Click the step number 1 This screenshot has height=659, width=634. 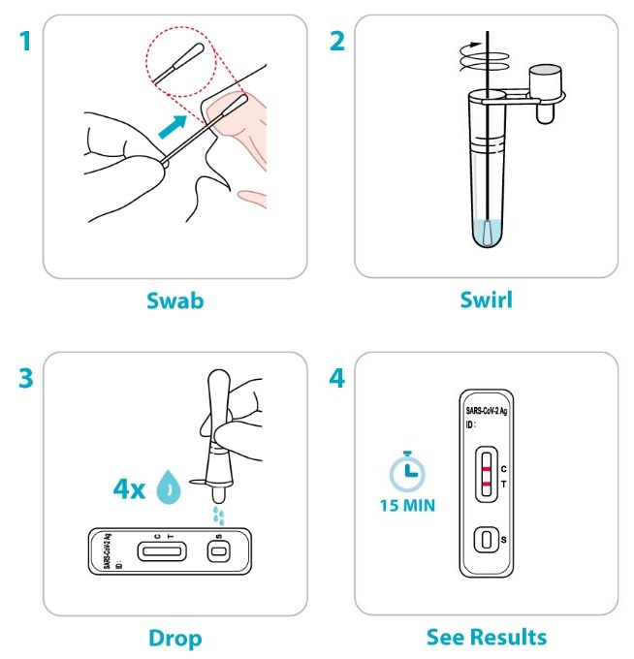pyautogui.click(x=26, y=42)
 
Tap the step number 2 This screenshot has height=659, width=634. pyautogui.click(x=336, y=42)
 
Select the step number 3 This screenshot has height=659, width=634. pyautogui.click(x=26, y=378)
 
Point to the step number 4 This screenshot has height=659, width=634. pyautogui.click(x=336, y=378)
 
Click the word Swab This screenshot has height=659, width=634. pyautogui.click(x=174, y=300)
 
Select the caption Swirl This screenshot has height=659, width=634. pyautogui.click(x=487, y=300)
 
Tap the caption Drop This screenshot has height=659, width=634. pyautogui.click(x=175, y=639)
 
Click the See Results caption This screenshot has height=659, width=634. pyautogui.click(x=487, y=637)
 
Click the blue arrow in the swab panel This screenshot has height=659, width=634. pyautogui.click(x=173, y=127)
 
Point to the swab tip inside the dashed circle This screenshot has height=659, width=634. pyautogui.click(x=194, y=54)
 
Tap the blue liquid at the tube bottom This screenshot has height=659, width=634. pyautogui.click(x=488, y=233)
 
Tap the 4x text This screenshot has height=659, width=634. pyautogui.click(x=129, y=488)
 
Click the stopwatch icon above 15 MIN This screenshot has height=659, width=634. pyautogui.click(x=407, y=471)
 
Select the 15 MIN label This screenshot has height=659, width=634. pyautogui.click(x=407, y=506)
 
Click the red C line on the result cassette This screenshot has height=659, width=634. pyautogui.click(x=487, y=469)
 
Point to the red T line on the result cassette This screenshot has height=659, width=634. pyautogui.click(x=487, y=485)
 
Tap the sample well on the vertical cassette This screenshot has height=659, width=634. pyautogui.click(x=487, y=540)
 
